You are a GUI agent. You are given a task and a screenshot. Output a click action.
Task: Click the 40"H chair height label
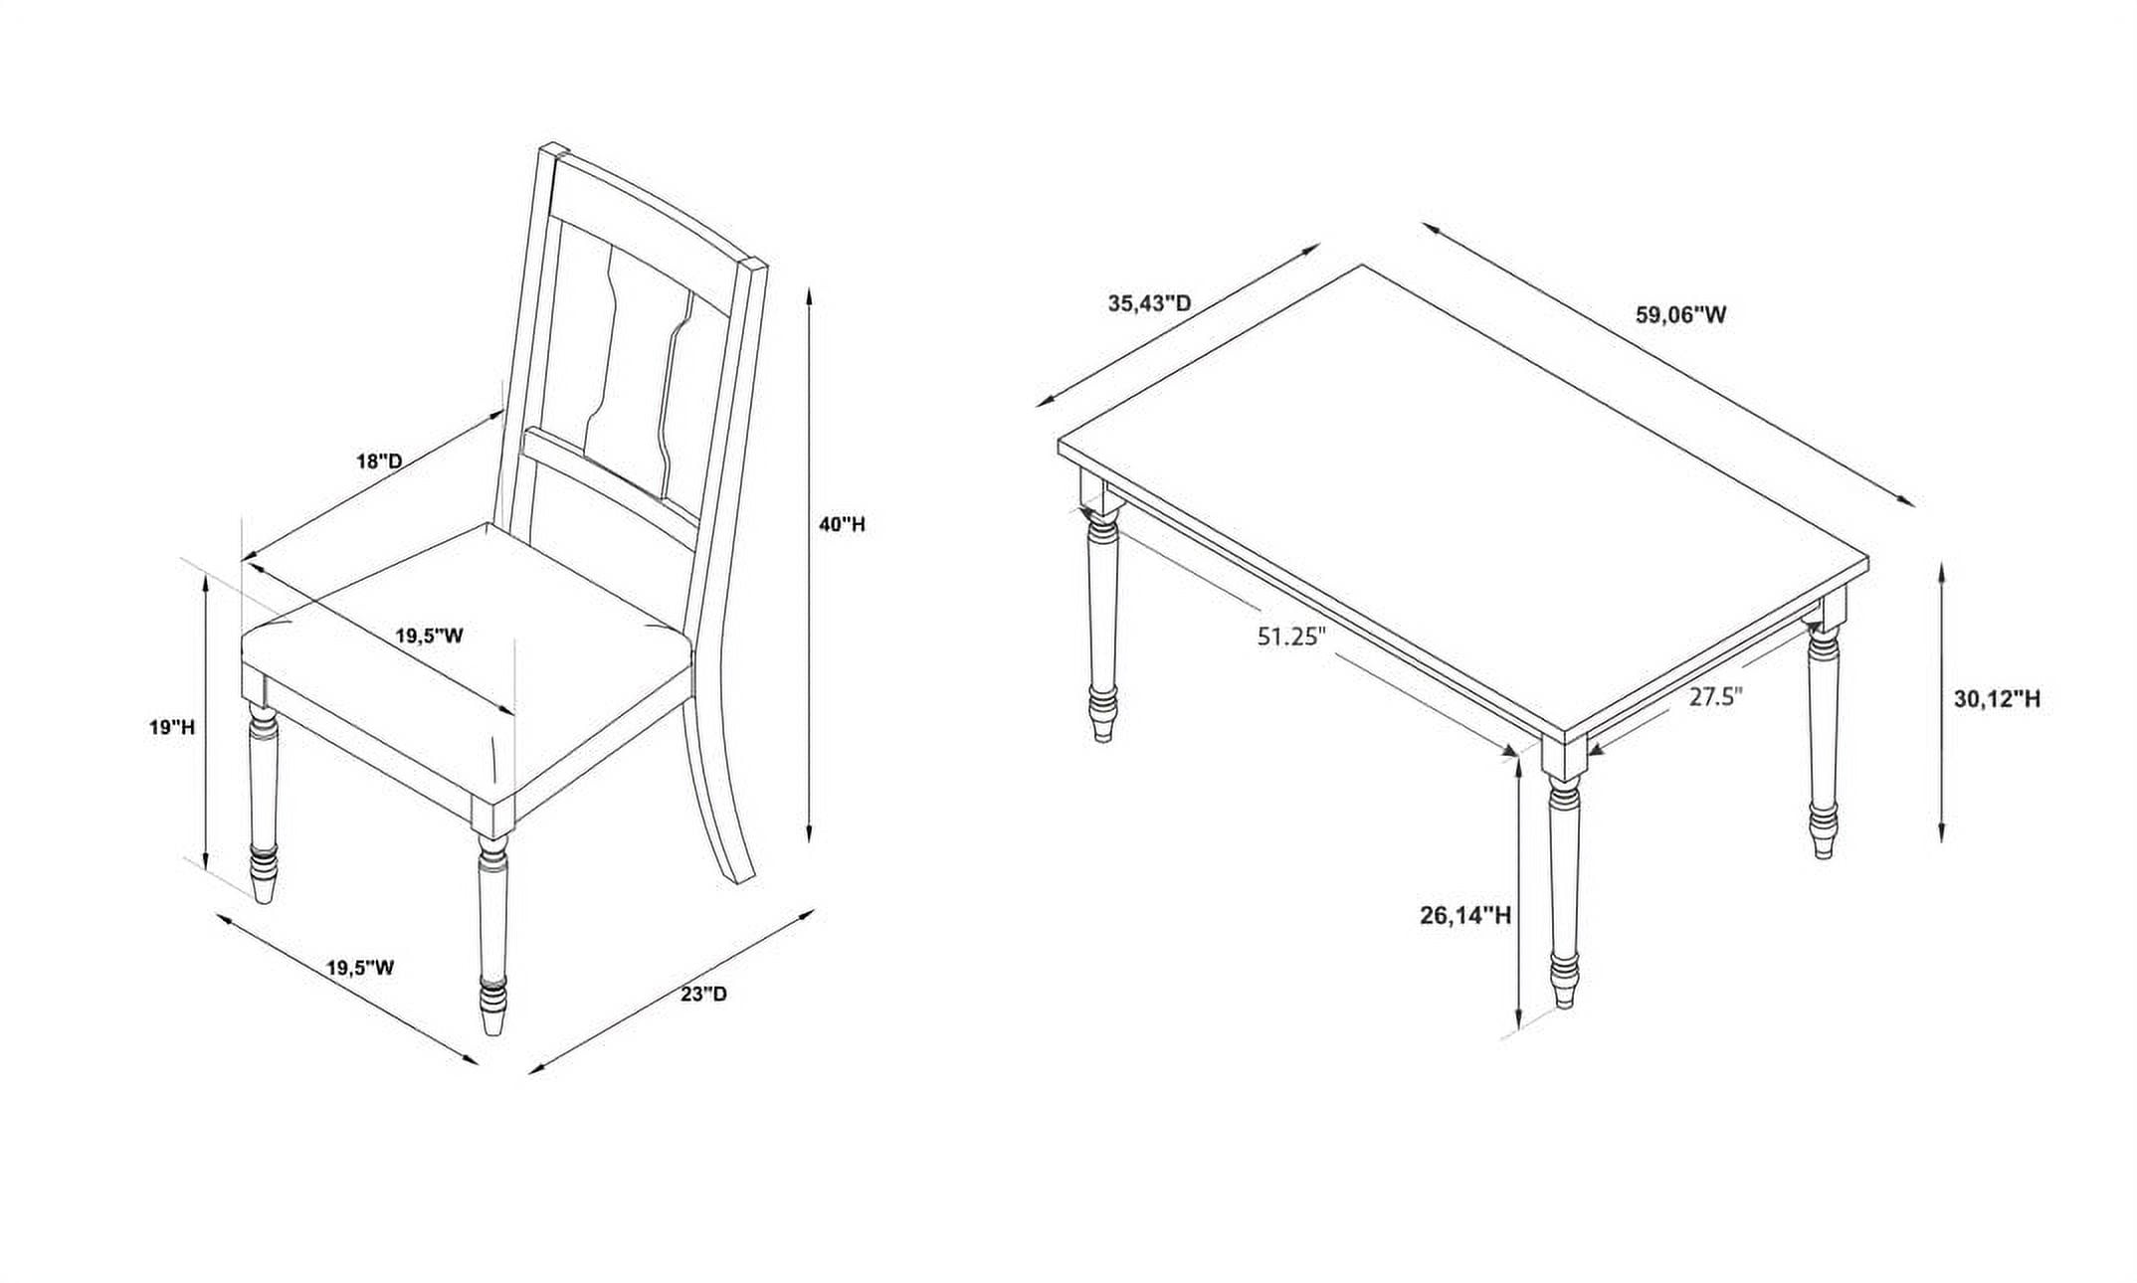pyautogui.click(x=842, y=524)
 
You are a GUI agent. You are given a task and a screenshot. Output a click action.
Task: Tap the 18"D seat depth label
pyautogui.click(x=379, y=461)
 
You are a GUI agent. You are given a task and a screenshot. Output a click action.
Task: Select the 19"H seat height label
pyautogui.click(x=172, y=727)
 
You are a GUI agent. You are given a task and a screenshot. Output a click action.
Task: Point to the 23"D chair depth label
pyautogui.click(x=704, y=994)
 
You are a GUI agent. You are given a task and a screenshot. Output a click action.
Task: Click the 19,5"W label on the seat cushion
pyautogui.click(x=430, y=636)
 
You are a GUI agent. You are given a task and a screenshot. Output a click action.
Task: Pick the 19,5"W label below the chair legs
pyautogui.click(x=361, y=967)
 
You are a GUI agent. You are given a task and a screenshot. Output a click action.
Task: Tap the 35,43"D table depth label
pyautogui.click(x=1150, y=303)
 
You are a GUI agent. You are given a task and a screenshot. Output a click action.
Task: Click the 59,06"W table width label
pyautogui.click(x=1681, y=315)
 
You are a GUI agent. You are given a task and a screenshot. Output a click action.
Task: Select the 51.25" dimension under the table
pyautogui.click(x=1292, y=637)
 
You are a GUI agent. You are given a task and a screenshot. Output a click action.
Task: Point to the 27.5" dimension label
pyautogui.click(x=1716, y=696)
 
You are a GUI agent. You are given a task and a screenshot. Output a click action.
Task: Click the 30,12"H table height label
pyautogui.click(x=1997, y=699)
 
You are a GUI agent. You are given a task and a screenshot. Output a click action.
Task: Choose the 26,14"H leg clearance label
pyautogui.click(x=1465, y=915)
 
